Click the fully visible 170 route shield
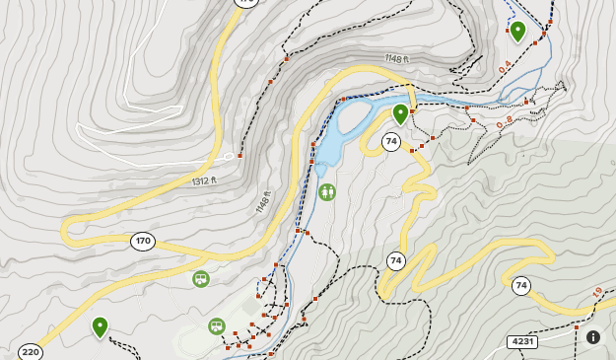click(x=143, y=242)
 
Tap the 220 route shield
click(x=31, y=352)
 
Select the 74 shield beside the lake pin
click(x=391, y=142)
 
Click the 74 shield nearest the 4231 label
click(x=521, y=286)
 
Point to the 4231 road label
click(x=522, y=342)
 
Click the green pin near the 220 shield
click(x=100, y=326)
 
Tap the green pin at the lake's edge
click(x=400, y=113)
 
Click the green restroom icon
click(x=327, y=191)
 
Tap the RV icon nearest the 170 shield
click(x=201, y=279)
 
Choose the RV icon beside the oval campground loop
click(x=217, y=326)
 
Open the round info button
click(x=593, y=337)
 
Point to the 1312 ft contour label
click(x=204, y=181)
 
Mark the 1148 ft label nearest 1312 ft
click(x=262, y=201)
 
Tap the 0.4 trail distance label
click(x=505, y=69)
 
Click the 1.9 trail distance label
click(x=597, y=293)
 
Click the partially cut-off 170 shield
click(x=245, y=3)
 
